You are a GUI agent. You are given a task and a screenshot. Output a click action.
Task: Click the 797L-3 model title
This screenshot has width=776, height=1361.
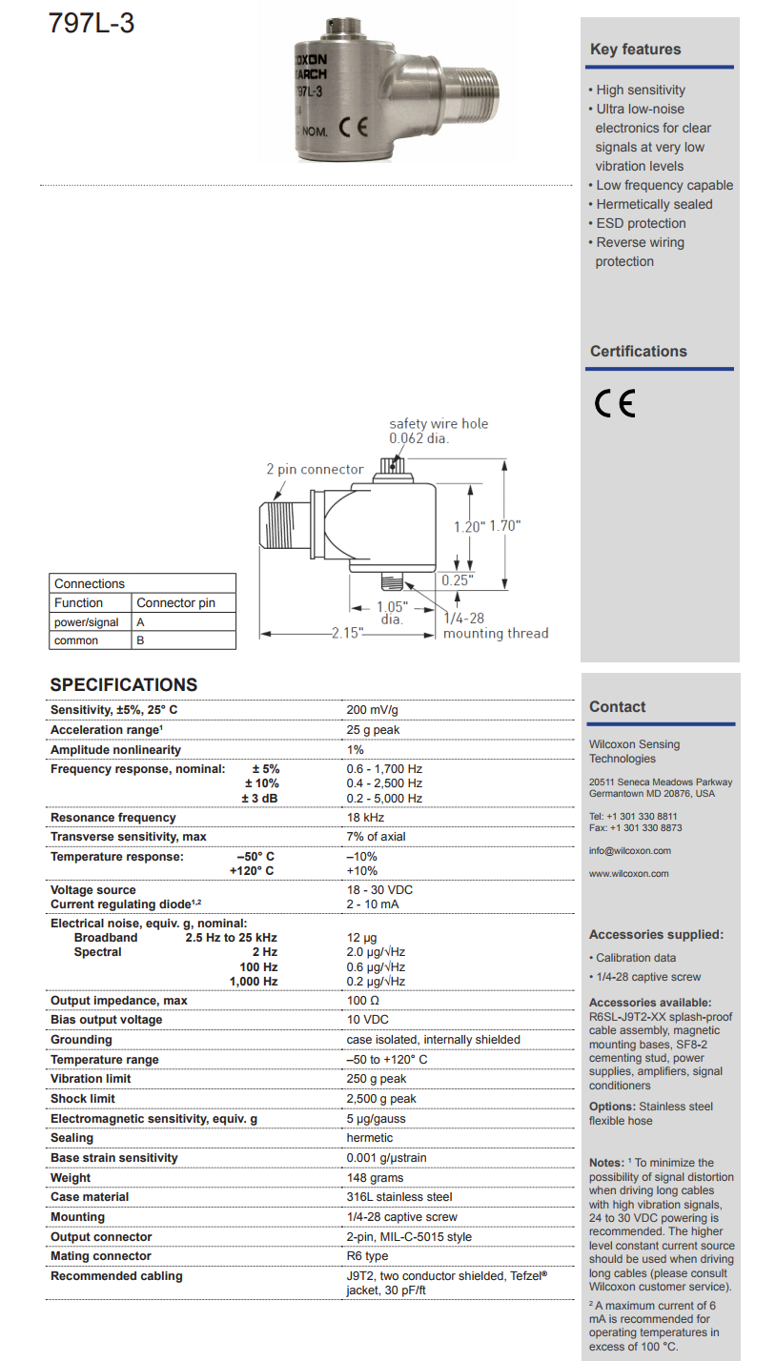(92, 23)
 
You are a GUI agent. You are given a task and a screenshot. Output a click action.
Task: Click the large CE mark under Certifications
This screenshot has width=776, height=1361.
(615, 405)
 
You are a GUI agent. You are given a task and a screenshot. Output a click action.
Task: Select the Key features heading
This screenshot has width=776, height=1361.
(636, 50)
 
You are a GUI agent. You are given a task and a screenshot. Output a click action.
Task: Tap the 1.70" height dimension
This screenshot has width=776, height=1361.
(505, 525)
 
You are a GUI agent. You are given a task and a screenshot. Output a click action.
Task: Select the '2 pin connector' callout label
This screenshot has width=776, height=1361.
(315, 469)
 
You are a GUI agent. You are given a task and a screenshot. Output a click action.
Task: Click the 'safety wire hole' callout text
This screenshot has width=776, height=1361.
(439, 423)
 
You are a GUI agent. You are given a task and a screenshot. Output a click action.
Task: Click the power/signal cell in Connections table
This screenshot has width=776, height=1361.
(87, 621)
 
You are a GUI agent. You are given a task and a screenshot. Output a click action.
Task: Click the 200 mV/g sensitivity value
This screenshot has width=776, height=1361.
(373, 710)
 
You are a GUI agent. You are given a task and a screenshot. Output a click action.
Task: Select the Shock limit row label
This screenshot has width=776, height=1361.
(83, 1098)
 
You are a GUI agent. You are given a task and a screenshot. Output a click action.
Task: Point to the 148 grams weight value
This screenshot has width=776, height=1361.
(376, 1177)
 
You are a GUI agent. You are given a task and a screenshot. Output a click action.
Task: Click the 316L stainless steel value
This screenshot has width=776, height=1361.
(399, 1196)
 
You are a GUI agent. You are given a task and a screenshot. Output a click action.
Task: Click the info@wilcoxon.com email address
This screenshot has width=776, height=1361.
(630, 850)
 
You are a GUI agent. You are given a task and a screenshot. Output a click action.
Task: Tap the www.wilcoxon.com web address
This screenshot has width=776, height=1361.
(629, 873)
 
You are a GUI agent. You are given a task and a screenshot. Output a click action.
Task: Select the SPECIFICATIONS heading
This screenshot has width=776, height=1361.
(124, 684)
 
